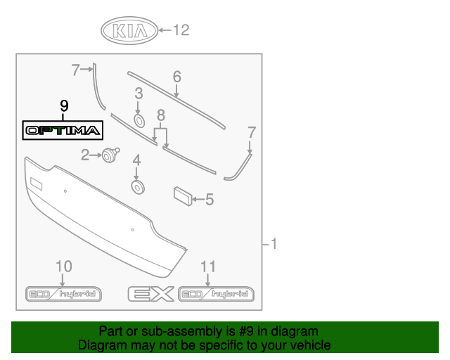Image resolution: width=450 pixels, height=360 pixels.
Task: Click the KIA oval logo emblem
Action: coord(129,31)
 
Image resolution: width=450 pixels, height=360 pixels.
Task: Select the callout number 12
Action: coord(181,30)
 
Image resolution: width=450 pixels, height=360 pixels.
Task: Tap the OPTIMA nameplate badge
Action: coord(63,130)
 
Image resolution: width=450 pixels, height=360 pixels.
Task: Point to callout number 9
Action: coord(64,106)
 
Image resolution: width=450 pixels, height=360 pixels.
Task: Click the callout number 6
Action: coord(176,76)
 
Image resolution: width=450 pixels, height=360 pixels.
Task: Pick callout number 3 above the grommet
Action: coord(139,93)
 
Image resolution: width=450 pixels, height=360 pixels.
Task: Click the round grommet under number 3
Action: coord(139,121)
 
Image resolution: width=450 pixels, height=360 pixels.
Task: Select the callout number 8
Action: coord(161,114)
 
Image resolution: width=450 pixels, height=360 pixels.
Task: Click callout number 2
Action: coord(85,155)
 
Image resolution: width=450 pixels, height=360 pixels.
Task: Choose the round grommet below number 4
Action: coord(137,186)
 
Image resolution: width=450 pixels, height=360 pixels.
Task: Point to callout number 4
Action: coord(137,160)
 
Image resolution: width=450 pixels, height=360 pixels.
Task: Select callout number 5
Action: coord(209,200)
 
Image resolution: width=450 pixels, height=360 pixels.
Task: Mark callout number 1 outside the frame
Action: coord(274,245)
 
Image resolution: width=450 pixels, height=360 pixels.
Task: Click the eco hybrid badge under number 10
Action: coord(63,294)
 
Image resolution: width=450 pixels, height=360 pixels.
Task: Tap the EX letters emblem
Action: coord(150,294)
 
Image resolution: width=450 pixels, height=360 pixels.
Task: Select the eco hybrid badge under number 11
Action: coord(216,294)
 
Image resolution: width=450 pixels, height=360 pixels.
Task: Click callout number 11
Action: coord(207,266)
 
